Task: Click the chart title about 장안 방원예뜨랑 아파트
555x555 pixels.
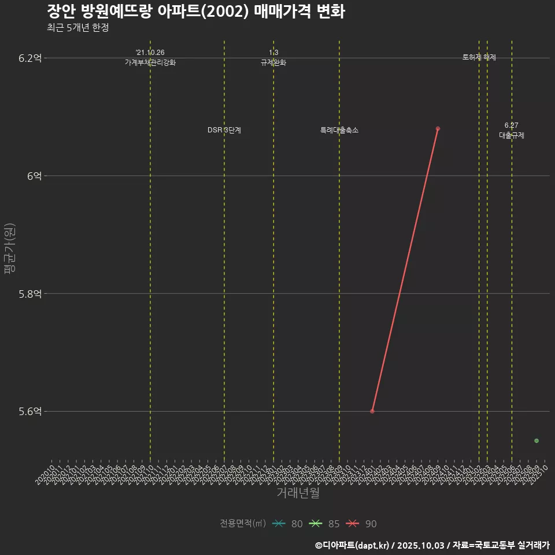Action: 195,11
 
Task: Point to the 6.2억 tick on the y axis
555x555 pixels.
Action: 30,58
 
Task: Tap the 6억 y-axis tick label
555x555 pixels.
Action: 34,176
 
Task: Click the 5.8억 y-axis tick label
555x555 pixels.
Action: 30,294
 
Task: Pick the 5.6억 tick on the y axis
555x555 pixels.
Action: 30,412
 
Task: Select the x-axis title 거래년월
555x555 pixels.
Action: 298,493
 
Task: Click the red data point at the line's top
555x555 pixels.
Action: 438,128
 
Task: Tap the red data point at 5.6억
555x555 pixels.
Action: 372,411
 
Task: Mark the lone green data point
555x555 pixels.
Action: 536,441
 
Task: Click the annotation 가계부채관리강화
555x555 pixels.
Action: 150,62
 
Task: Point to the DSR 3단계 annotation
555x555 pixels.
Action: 224,130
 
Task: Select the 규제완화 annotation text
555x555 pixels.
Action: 273,62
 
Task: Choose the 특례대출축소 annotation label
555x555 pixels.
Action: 339,130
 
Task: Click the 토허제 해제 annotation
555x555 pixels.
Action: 479,57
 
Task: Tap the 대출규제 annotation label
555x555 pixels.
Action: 512,135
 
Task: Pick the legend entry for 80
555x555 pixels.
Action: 287,524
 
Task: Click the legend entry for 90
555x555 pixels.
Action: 361,524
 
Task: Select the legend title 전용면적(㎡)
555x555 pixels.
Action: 243,524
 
